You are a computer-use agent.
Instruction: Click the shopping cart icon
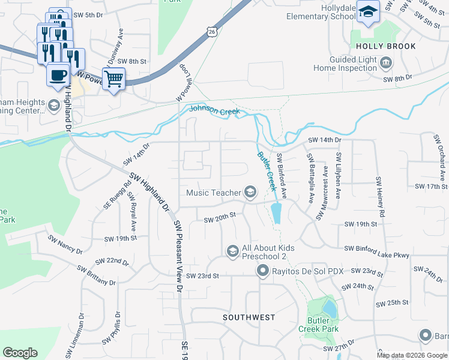113,78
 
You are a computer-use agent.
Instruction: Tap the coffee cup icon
58,75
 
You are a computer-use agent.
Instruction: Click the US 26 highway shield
211,32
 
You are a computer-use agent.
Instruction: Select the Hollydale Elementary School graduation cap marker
367,11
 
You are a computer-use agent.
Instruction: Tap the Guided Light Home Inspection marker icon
387,62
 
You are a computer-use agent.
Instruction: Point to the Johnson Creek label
214,110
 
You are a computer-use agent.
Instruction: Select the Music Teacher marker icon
250,193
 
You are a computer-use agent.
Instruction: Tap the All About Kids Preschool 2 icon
232,251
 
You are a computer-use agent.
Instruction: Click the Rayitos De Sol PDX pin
262,271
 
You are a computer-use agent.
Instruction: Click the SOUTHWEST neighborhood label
249,317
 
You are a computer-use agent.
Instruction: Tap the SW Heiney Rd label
379,197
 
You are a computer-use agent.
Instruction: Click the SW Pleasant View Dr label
178,256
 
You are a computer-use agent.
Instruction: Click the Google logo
20,353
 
